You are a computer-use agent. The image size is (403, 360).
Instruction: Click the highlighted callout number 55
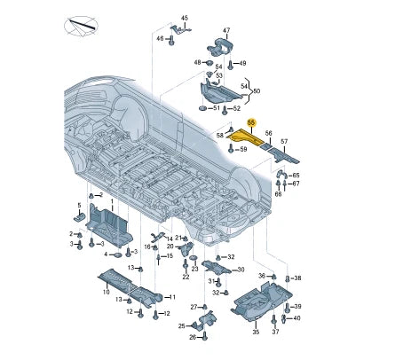point(251,122)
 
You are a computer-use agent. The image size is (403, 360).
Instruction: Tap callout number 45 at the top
point(186,18)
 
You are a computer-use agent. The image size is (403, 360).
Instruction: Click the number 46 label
point(160,38)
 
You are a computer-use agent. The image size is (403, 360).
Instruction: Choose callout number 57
point(283,141)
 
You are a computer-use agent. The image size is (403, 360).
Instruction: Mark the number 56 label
point(269,131)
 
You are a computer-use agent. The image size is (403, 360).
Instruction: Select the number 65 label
point(296,176)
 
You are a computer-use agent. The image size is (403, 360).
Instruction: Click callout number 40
point(296,318)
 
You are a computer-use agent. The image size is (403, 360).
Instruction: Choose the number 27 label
point(192,307)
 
